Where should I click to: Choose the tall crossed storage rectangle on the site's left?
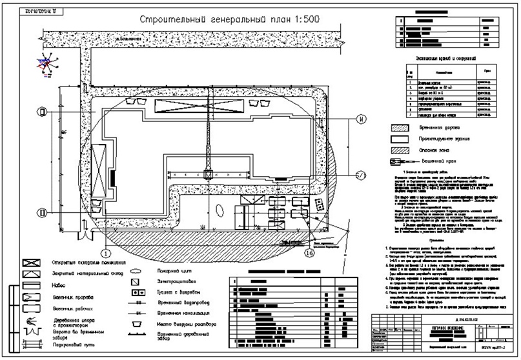click(100, 163)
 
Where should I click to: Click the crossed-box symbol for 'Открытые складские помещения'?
click(28, 264)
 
